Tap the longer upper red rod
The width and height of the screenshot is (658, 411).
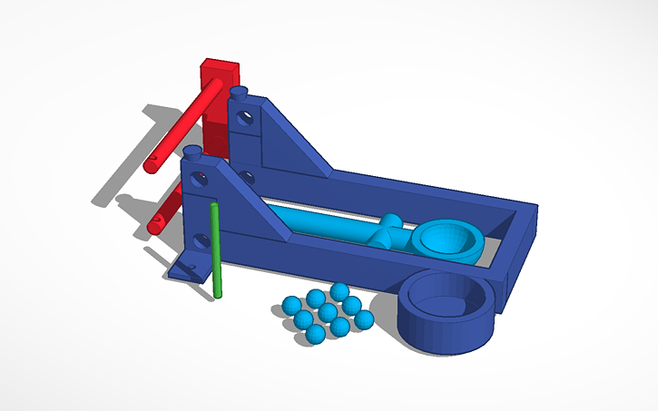(182, 127)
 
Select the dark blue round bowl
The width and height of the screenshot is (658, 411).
(447, 313)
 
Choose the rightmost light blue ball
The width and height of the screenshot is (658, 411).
(363, 319)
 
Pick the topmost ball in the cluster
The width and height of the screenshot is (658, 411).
(339, 291)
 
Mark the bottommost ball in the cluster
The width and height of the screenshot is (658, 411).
(314, 335)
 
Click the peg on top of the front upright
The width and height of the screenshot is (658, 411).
(192, 152)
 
